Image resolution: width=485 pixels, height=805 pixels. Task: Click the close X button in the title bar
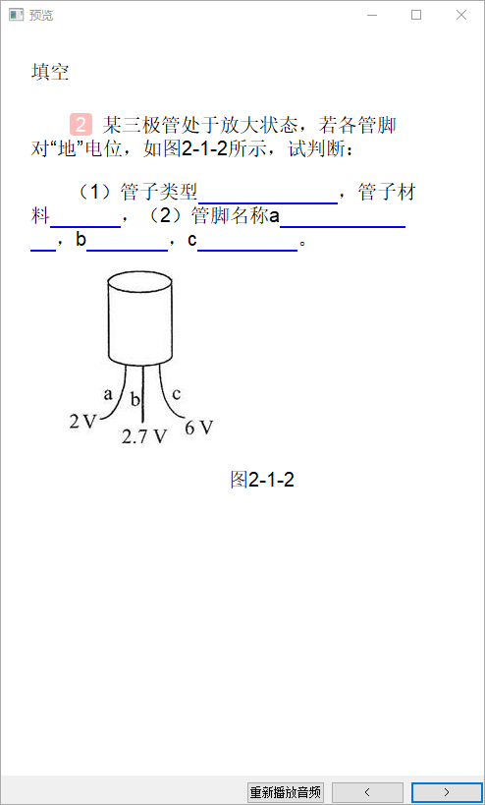coord(460,16)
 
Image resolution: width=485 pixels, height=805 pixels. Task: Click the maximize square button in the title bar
coord(416,16)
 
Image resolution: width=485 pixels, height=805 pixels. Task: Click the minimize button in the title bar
coord(372,16)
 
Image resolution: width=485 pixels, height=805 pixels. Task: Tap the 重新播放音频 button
coord(286,792)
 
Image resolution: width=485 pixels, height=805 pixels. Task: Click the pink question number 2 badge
coord(81,124)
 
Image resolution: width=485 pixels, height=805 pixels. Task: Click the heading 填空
coord(50,73)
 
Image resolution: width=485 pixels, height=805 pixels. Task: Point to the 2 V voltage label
coord(83,422)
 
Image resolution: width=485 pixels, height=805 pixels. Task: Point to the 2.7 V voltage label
coord(144,436)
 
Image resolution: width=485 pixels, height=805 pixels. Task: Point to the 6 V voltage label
coord(198,428)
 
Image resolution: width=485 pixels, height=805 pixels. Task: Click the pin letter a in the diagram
coord(108,394)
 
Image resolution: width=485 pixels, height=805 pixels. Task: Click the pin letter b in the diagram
coord(135,399)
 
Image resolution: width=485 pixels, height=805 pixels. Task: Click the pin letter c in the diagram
coord(176,394)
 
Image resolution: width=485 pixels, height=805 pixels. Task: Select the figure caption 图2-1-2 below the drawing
coord(262,480)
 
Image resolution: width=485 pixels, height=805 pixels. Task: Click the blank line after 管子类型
coord(268,203)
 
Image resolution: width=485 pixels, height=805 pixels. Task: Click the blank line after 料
coord(85,226)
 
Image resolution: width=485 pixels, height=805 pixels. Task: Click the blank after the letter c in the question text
coord(247,251)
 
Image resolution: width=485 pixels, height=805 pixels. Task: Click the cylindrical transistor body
coord(139,318)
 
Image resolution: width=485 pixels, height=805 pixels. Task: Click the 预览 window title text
coord(41,16)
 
